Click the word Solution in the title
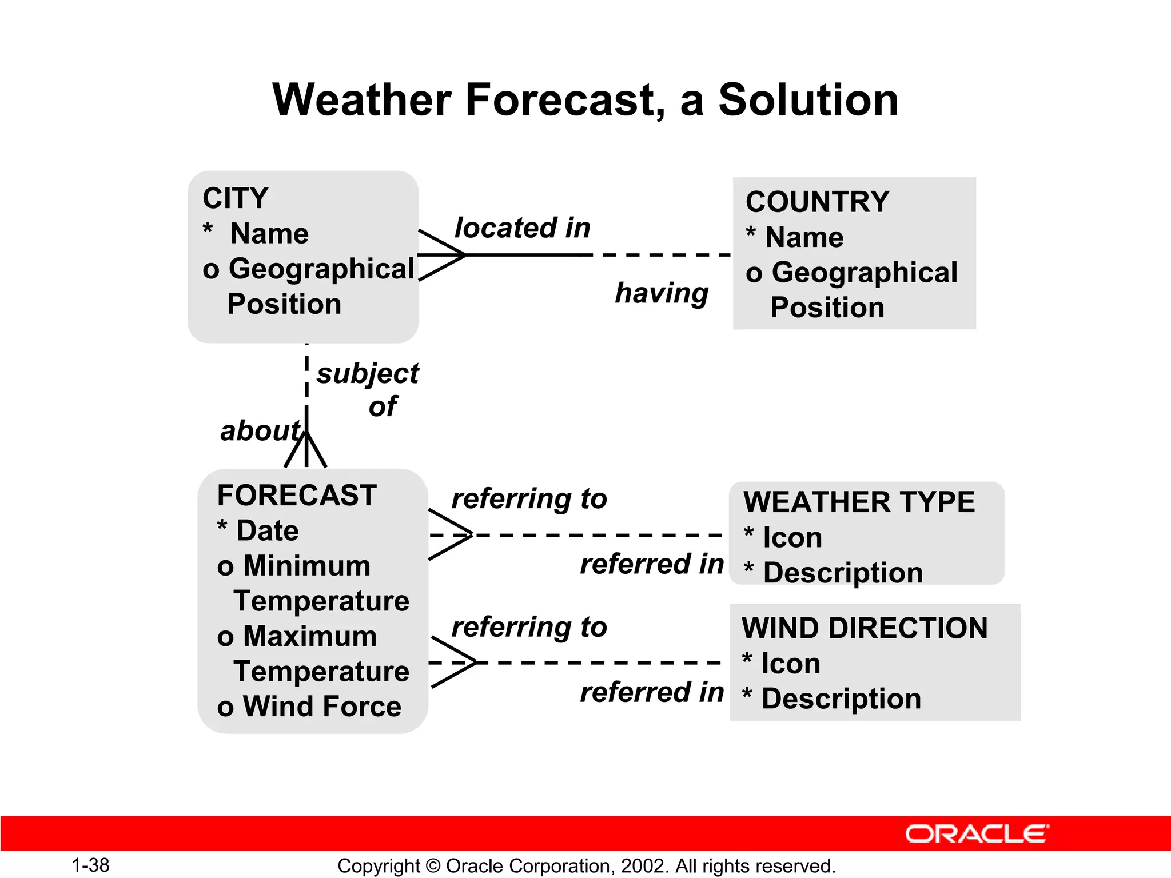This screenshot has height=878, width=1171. click(x=808, y=100)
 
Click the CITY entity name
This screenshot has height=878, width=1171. click(x=235, y=198)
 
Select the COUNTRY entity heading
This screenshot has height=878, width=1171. click(x=817, y=202)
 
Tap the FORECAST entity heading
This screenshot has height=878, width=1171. click(x=297, y=495)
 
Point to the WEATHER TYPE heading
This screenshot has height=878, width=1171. click(x=859, y=502)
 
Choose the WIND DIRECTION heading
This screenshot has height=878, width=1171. click(x=865, y=628)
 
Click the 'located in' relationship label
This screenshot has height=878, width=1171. click(x=522, y=228)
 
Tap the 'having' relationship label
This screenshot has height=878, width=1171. click(x=662, y=293)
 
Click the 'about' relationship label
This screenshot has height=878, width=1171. click(x=260, y=430)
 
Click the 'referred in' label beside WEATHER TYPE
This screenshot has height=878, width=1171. click(x=652, y=564)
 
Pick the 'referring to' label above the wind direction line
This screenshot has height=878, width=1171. click(x=529, y=627)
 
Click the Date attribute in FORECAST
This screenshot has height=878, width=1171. click(x=267, y=531)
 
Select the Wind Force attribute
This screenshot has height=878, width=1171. click(x=322, y=707)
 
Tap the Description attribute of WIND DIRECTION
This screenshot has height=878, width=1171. click(x=841, y=699)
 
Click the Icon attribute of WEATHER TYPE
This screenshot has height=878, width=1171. click(x=792, y=538)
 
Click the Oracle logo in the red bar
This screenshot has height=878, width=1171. click(x=977, y=834)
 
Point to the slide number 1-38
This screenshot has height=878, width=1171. click(x=90, y=865)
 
